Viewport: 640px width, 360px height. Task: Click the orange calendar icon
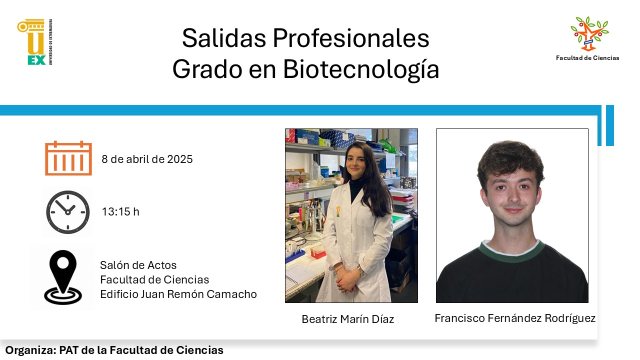click(68, 158)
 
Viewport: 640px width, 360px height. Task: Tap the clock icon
click(67, 212)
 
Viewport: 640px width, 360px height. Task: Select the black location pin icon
click(63, 277)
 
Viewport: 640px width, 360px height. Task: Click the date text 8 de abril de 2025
click(147, 159)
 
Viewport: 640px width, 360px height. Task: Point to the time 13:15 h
click(120, 211)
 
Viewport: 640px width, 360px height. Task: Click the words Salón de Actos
click(138, 265)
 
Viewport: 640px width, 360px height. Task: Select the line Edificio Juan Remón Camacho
click(178, 294)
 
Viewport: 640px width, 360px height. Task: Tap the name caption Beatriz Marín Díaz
click(347, 319)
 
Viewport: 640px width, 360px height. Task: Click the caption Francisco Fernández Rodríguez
click(515, 318)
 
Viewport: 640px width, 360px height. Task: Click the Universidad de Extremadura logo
click(35, 42)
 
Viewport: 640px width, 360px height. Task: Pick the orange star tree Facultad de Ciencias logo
click(589, 33)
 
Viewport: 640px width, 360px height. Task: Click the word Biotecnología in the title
click(361, 69)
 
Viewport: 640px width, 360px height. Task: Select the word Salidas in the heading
click(223, 38)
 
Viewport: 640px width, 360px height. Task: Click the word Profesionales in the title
click(351, 38)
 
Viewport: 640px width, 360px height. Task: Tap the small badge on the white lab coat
click(338, 211)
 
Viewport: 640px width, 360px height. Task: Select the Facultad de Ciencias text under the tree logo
click(587, 58)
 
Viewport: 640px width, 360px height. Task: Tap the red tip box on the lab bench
click(317, 253)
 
